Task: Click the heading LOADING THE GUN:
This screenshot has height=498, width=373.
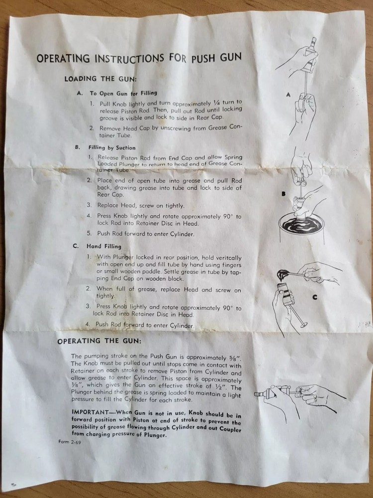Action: (x=100, y=79)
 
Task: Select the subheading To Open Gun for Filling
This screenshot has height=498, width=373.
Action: (x=123, y=93)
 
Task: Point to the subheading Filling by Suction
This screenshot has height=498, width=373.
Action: (x=112, y=147)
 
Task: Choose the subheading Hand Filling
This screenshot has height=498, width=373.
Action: (x=104, y=246)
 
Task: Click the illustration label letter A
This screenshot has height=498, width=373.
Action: (x=288, y=94)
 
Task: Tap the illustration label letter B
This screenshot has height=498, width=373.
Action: (x=284, y=194)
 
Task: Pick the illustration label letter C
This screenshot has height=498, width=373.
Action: (x=315, y=297)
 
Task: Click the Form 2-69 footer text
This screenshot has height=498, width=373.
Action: (x=70, y=442)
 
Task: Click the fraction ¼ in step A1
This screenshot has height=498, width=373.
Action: (x=217, y=103)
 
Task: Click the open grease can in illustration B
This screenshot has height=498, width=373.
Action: (x=302, y=228)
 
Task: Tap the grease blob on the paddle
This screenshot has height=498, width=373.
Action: (x=281, y=274)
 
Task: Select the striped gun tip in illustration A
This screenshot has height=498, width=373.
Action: (x=313, y=42)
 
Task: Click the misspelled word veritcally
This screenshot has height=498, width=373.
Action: (x=228, y=258)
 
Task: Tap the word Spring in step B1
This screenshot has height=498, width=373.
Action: (x=233, y=157)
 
